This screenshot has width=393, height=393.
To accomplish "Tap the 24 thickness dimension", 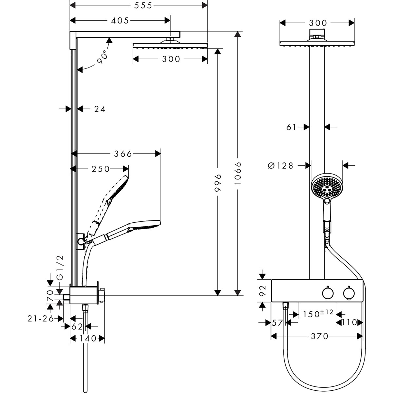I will tap(100, 109).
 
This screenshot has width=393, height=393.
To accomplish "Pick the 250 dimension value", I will tap(100, 169).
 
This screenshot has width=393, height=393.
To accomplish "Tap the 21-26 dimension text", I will tap(41, 318).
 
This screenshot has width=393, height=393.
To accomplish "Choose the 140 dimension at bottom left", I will tap(87, 338).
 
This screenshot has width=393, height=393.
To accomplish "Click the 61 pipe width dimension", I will tap(291, 127).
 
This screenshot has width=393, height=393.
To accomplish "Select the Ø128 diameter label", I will tap(280, 166).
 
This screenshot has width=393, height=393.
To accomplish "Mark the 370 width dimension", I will tap(319, 336).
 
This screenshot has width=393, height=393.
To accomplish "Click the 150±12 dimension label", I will tap(318, 314).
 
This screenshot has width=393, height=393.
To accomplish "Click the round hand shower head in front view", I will tap(326, 187).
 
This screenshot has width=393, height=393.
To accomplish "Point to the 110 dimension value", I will tap(349, 323).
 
